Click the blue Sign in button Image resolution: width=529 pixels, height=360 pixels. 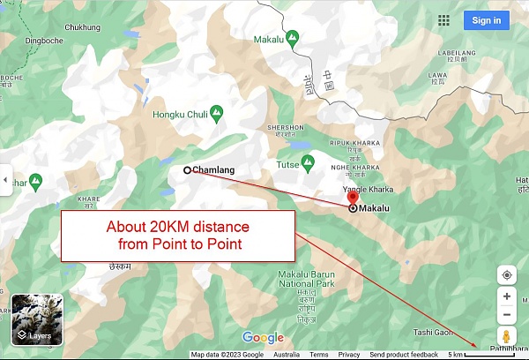click(486, 20)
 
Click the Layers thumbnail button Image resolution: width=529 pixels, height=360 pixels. click(35, 320)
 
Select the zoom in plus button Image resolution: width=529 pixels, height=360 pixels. click(507, 296)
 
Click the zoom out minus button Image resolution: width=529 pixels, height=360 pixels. click(507, 315)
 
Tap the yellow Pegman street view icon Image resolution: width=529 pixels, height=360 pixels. click(507, 336)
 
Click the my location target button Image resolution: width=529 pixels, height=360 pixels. click(507, 274)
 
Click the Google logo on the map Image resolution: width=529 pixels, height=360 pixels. click(263, 337)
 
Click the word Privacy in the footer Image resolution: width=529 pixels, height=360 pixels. click(348, 355)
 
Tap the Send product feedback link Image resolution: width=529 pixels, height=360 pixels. click(404, 355)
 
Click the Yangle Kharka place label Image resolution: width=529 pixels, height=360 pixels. click(366, 189)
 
